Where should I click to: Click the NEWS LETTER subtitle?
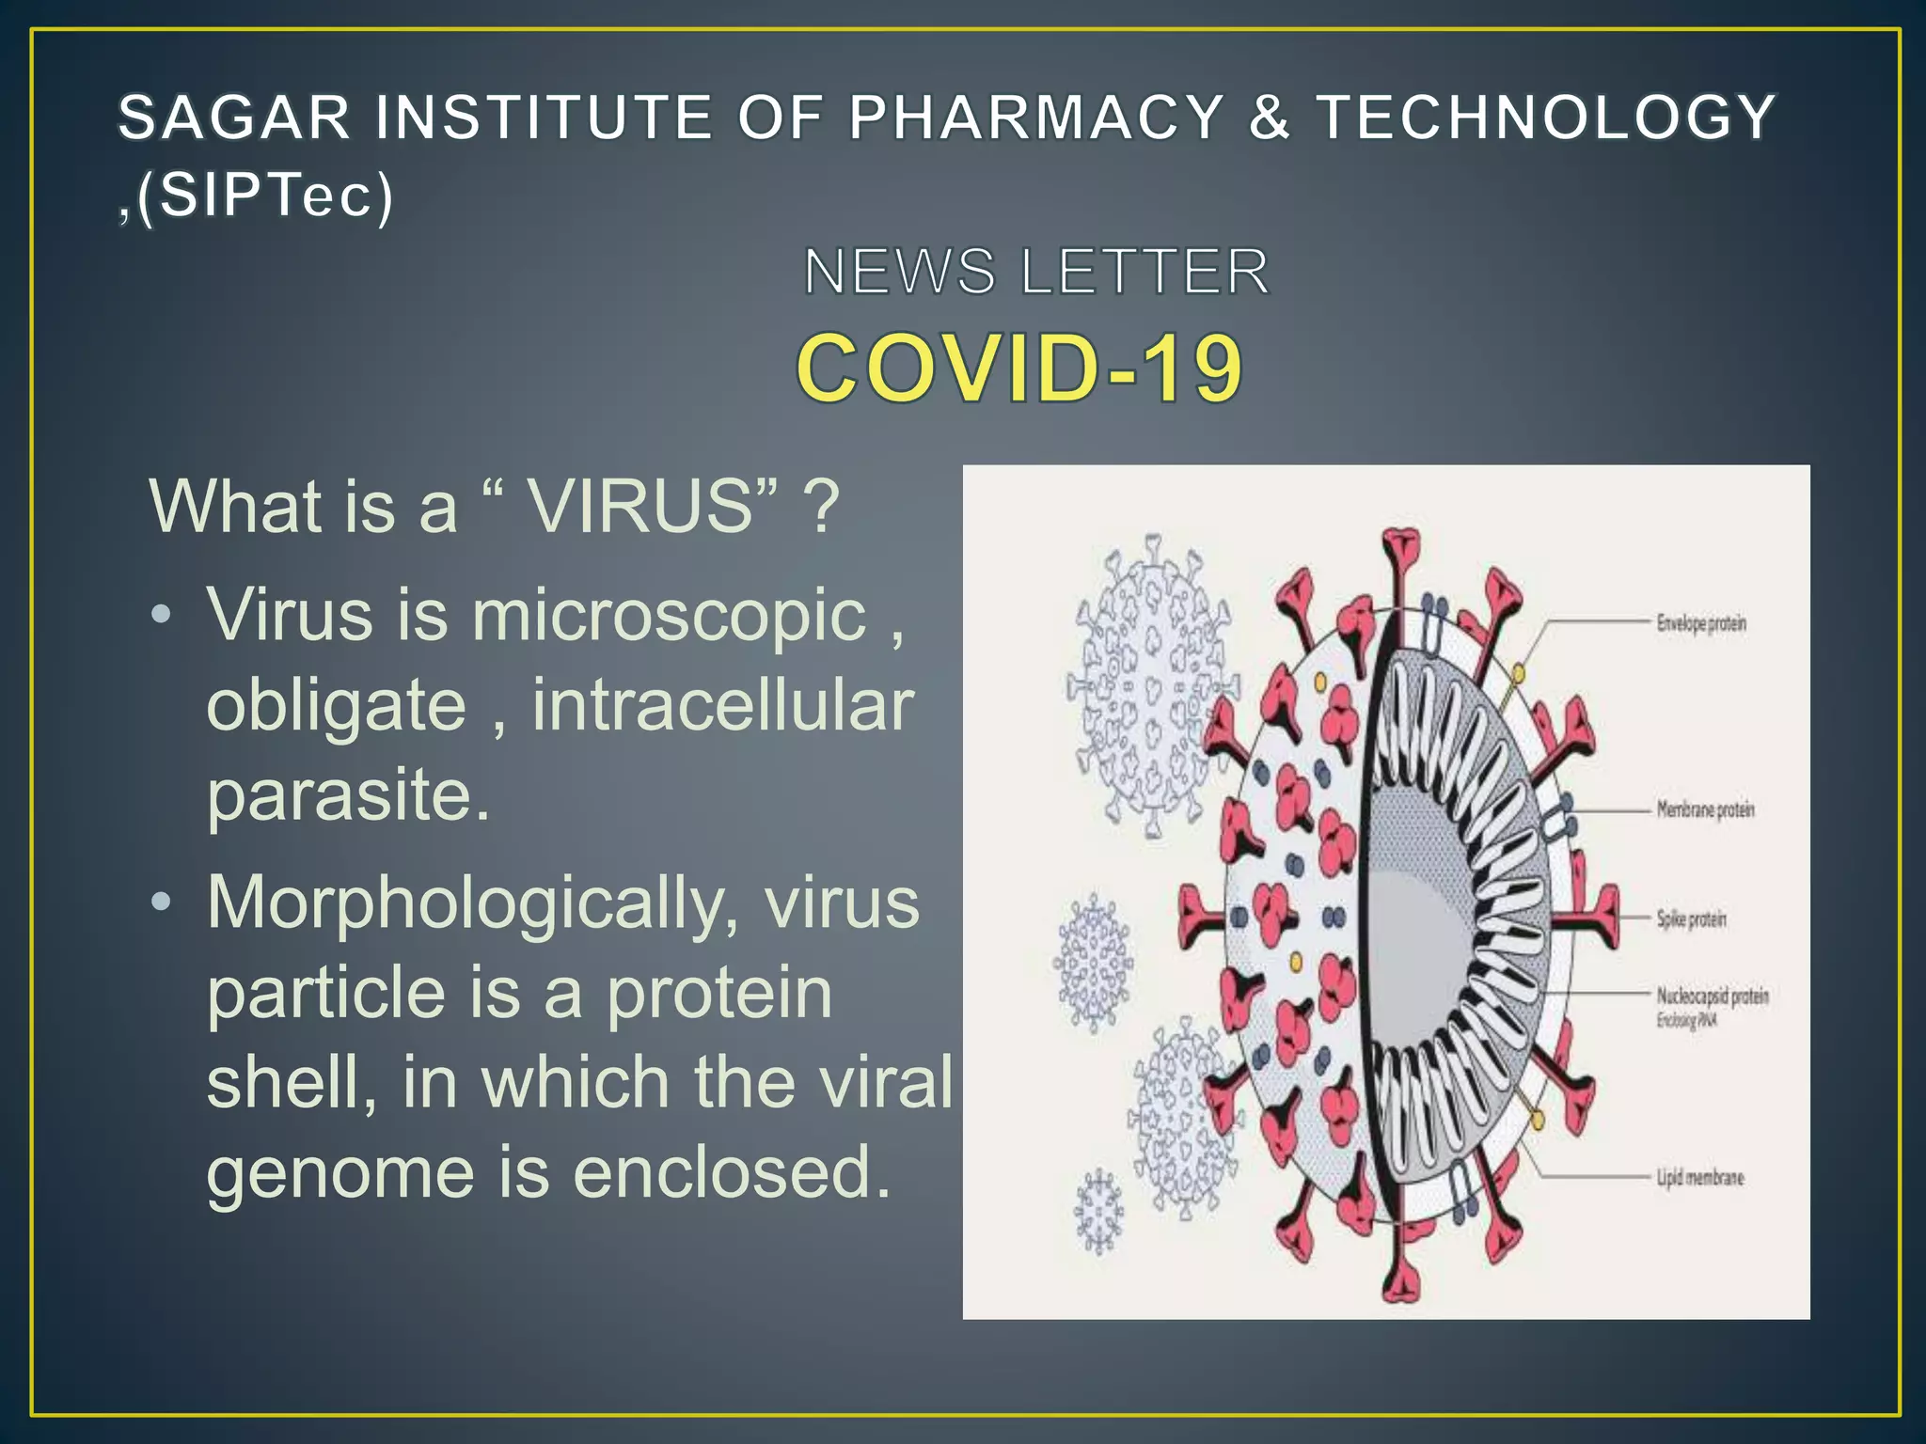coord(1036,272)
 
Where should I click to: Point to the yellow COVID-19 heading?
coord(1019,368)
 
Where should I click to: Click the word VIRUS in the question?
coord(640,507)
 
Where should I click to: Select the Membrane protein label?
coord(1704,809)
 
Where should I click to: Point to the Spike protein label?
coord(1691,918)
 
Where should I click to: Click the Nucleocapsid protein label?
coord(1712,996)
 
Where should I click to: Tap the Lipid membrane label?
coord(1699,1177)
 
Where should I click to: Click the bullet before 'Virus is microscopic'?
coord(162,616)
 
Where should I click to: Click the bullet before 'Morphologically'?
coord(162,902)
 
